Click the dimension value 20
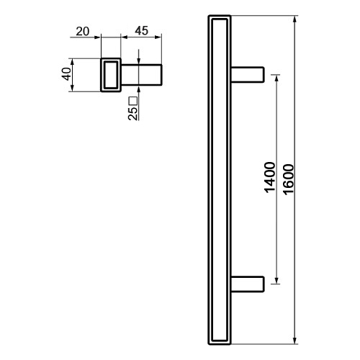pos(83,32)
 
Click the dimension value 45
pos(142,31)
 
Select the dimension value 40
pos(67,74)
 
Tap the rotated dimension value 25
pos(133,113)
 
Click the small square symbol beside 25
pos(133,101)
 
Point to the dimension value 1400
pos(269,177)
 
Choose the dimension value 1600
pos(288,179)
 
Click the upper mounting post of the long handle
pos(248,75)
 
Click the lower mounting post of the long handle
pos(248,284)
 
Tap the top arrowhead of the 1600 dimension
pos(295,19)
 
